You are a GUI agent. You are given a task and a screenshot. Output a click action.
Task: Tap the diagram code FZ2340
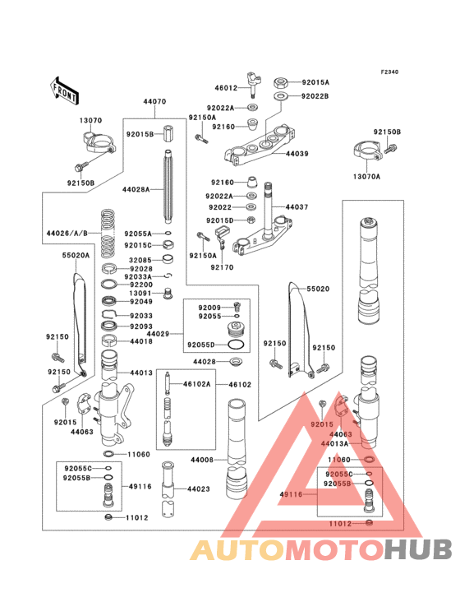[x=389, y=72]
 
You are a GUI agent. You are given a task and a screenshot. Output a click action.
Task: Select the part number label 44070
[x=154, y=102]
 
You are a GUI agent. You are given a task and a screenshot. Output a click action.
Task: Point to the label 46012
[x=226, y=87]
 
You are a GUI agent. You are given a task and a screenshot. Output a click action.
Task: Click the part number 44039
[x=297, y=154]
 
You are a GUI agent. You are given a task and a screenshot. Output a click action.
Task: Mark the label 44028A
[x=136, y=189]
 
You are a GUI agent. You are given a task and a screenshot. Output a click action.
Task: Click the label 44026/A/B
[x=67, y=234]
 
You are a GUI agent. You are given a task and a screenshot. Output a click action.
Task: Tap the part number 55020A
[x=76, y=256]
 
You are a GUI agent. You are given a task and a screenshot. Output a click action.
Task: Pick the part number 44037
[x=297, y=207]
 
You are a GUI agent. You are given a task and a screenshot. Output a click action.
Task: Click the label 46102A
[x=196, y=384]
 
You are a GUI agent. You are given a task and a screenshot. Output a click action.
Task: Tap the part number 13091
[x=140, y=293]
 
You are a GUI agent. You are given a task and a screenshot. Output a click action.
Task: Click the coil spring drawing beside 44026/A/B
[x=107, y=234]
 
